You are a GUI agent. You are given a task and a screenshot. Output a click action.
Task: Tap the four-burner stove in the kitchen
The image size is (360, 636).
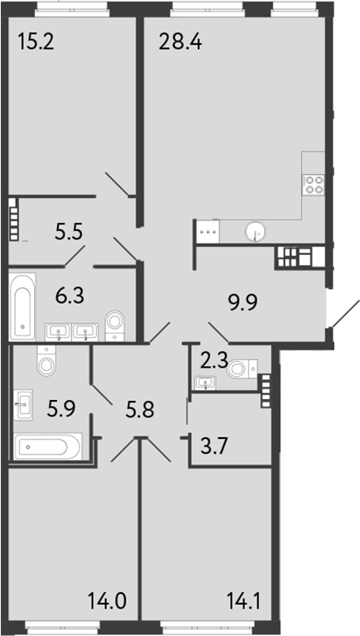[314, 184]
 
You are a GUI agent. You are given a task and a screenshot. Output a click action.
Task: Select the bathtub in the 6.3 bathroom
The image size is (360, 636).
[22, 306]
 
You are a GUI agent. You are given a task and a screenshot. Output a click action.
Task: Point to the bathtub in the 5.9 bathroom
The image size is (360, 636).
[48, 448]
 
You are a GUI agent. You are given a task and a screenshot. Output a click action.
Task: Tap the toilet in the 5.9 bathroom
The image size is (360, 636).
[48, 362]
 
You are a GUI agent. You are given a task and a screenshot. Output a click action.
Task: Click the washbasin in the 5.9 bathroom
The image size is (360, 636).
[25, 405]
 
